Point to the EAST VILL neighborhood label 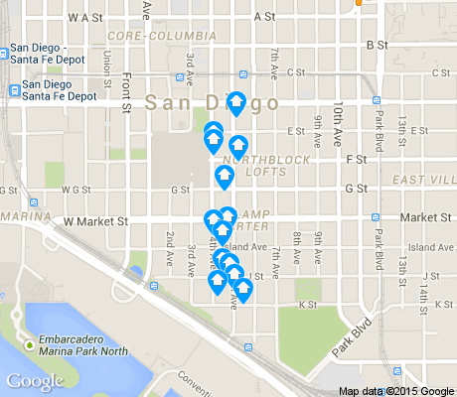[424, 179]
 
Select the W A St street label [85, 17]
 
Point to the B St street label [377, 45]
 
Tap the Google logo [35, 381]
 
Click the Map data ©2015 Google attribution [396, 390]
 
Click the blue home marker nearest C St [236, 101]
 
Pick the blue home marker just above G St [225, 177]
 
